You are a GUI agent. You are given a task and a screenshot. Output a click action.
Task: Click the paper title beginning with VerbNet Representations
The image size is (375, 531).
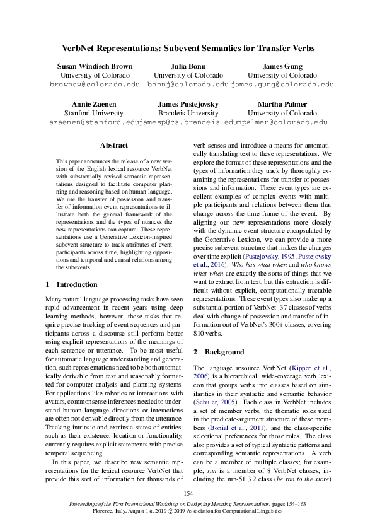point(187,47)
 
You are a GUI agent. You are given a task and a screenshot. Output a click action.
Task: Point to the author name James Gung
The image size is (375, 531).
point(282,66)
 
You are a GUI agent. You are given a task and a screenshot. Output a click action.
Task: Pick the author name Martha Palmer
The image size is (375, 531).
point(282,104)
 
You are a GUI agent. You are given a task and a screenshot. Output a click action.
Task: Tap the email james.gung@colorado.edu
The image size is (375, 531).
point(282,85)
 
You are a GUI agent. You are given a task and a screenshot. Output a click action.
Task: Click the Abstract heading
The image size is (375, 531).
point(113,145)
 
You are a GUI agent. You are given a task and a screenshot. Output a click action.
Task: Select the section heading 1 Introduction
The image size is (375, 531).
point(72,285)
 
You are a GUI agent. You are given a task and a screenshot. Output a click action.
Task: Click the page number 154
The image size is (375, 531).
point(187,493)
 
